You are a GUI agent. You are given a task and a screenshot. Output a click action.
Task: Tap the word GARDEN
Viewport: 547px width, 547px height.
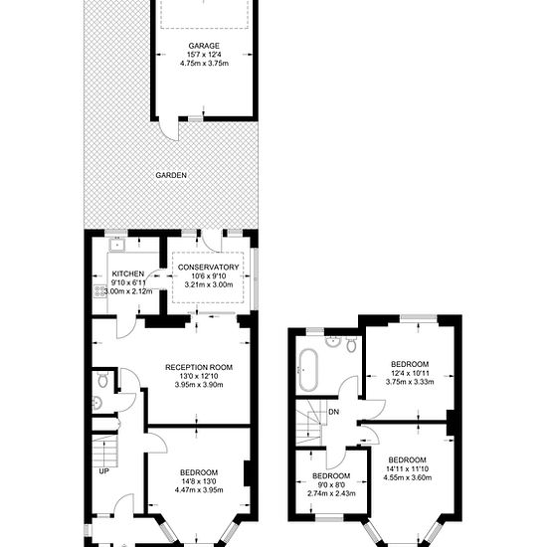171,175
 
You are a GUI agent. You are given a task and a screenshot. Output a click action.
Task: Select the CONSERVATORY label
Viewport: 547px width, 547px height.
208,268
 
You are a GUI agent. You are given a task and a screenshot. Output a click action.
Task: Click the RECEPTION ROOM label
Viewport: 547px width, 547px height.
199,367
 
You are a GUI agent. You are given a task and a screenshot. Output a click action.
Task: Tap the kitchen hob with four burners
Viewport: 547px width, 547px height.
99,291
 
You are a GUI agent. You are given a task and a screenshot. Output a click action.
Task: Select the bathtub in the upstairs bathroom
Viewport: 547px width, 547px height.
308,370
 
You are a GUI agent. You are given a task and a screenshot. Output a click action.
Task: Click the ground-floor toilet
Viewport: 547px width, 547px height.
102,380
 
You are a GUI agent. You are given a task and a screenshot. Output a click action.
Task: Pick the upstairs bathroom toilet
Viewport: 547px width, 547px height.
351,345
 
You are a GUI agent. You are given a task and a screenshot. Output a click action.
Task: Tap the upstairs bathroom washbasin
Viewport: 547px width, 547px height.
334,342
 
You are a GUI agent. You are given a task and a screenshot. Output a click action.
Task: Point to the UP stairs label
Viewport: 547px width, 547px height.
104,471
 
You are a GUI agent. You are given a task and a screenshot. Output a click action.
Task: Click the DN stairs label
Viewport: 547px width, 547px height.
334,412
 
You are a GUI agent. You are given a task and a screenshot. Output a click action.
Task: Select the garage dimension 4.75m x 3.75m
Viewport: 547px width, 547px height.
204,64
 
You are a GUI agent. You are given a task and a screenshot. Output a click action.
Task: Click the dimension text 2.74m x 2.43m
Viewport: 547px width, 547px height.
331,493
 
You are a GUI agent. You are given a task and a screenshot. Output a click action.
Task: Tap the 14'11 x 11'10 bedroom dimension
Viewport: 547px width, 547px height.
408,469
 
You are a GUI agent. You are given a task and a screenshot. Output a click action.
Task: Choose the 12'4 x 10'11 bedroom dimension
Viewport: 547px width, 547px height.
410,373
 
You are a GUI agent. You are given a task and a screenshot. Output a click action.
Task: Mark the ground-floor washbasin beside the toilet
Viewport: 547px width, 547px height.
97,403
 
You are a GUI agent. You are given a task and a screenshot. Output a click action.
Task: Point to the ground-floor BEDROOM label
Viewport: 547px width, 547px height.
199,472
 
